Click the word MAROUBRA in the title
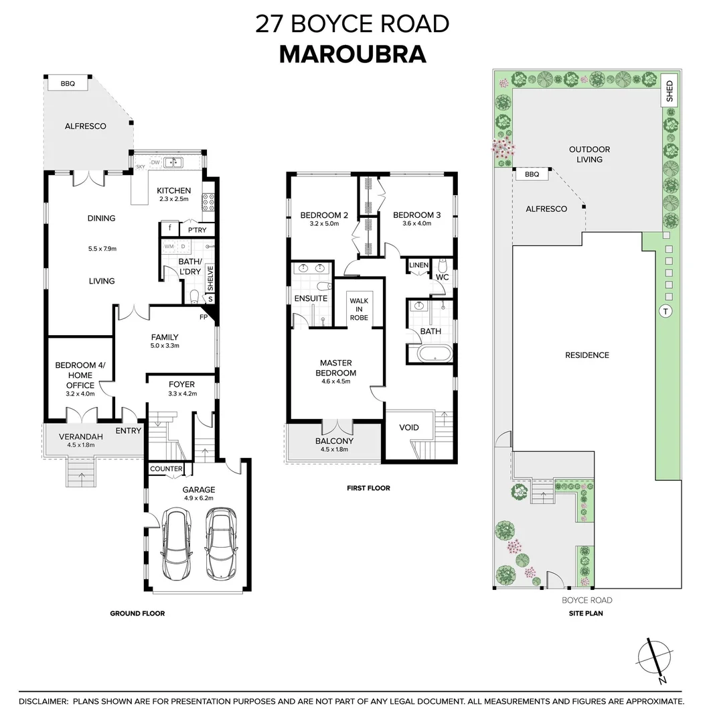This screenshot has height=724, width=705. point(352,54)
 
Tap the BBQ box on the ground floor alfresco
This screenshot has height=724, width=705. point(68,84)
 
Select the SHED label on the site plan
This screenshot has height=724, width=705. point(670,92)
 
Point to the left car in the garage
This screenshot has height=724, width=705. point(176,538)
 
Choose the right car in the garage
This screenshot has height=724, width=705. point(220,537)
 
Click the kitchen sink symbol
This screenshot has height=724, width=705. point(173,162)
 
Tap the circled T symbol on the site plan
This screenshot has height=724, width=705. point(665,311)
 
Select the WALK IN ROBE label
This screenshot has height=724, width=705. point(358,309)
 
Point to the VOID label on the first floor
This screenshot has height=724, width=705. point(408,427)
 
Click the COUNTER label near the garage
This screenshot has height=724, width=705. point(166,469)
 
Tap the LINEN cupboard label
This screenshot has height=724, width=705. point(418,265)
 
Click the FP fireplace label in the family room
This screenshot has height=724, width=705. point(203,317)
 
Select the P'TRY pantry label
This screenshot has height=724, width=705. point(197,230)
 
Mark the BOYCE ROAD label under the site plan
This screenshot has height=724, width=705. point(586,600)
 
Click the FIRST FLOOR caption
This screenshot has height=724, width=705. point(368,488)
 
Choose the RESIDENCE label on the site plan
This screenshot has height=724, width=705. point(586,355)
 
